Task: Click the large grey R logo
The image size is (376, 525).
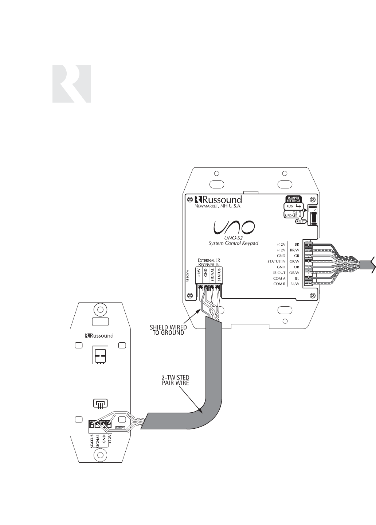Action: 71,84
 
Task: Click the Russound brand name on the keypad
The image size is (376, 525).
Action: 218,199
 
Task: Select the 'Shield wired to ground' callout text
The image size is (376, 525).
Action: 168,330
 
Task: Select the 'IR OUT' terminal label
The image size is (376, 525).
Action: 280,272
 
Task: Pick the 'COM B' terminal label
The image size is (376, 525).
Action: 279,283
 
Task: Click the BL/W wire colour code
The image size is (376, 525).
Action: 295,283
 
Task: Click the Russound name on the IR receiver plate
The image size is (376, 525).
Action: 99,335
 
